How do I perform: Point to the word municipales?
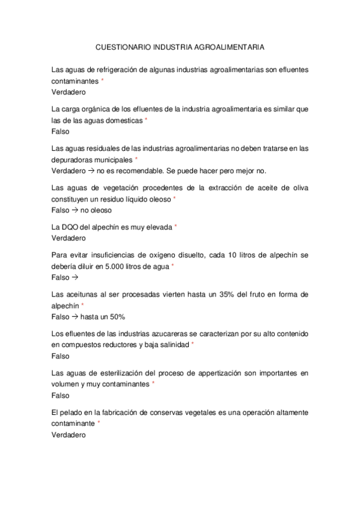pyautogui.click(x=112, y=159)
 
